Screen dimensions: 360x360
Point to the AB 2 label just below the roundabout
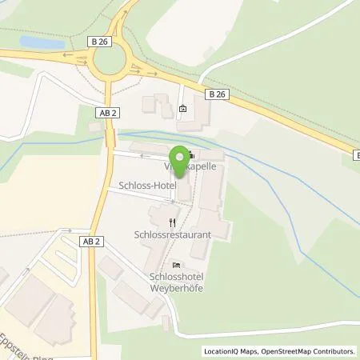click(110, 114)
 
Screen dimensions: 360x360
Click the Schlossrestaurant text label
click(172, 237)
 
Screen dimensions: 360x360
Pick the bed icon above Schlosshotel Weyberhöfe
click(176, 265)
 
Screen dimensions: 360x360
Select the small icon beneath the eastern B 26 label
click(183, 109)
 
